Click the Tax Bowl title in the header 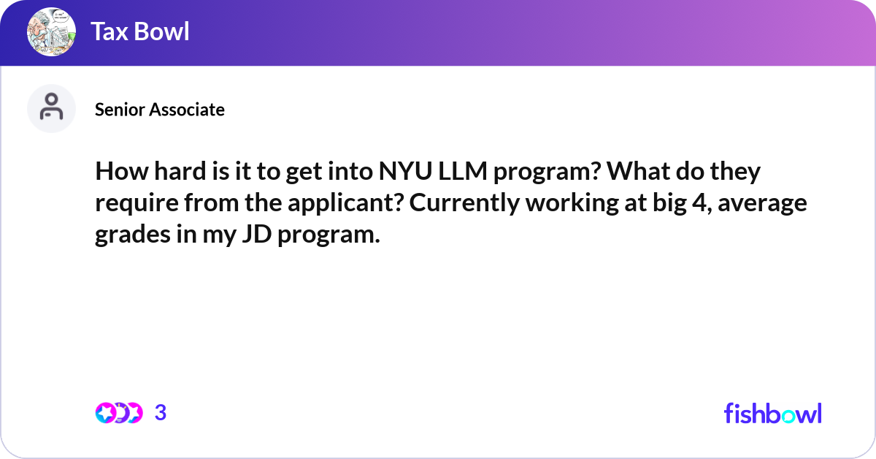139,31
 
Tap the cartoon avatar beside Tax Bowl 51,32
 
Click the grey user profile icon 51,108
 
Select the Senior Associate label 160,110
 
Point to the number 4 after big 696,204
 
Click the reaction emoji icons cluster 118,413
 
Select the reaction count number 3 161,413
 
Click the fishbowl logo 772,413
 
